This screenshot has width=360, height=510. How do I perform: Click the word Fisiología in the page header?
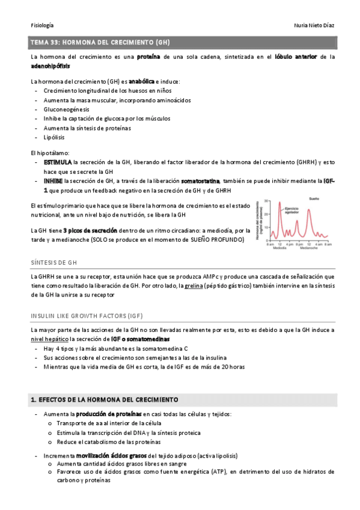42,25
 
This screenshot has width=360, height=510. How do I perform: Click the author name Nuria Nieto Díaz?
307,25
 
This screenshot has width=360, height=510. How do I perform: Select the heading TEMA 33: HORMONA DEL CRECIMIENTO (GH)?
100,43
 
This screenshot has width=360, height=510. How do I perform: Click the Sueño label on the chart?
314,198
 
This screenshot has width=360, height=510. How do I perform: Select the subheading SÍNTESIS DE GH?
53,263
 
